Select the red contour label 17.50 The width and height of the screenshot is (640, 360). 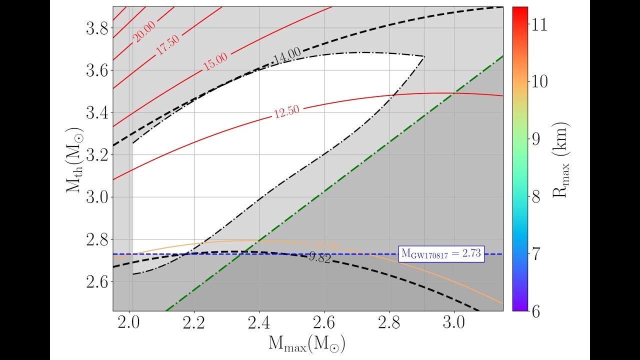(x=167, y=46)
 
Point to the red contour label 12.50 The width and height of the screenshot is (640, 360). (x=286, y=110)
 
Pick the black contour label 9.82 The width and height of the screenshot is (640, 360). (x=320, y=258)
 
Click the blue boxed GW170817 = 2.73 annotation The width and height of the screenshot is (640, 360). (x=441, y=254)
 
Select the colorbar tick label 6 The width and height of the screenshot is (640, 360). (x=536, y=310)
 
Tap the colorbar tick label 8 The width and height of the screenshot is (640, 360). (x=536, y=196)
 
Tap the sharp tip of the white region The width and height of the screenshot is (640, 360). (x=424, y=56)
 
